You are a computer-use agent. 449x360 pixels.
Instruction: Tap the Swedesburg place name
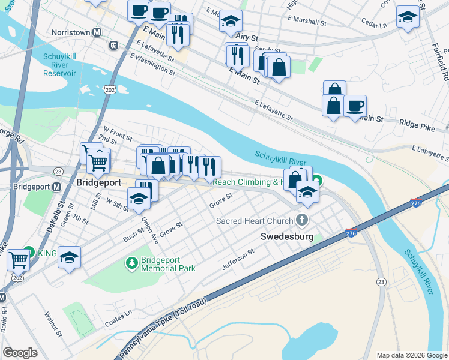(x=285, y=236)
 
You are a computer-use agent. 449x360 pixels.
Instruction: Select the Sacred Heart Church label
(x=255, y=221)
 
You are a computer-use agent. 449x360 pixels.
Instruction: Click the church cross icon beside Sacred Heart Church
(x=301, y=221)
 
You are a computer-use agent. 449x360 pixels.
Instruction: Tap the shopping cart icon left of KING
(x=19, y=259)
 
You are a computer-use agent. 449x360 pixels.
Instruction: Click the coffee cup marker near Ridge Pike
(x=355, y=106)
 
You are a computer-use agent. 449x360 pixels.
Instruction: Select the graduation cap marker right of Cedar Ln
(x=408, y=17)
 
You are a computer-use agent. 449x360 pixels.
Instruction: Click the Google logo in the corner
(x=20, y=353)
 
